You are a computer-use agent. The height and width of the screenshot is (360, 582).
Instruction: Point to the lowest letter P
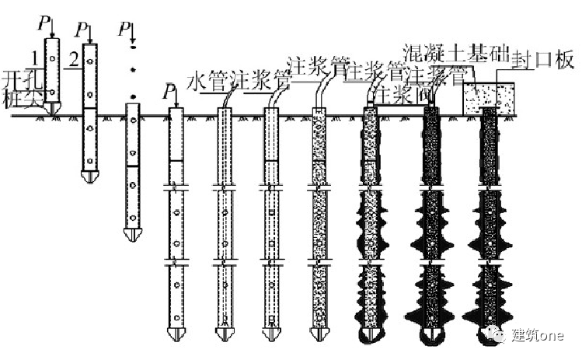coord(166,93)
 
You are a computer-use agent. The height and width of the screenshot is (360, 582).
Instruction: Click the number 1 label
coord(34,58)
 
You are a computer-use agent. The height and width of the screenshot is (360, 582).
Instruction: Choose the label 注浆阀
coord(396,94)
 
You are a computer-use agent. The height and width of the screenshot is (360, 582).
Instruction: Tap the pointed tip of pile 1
coord(51,109)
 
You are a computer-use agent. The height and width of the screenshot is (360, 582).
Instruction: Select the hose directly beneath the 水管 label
coord(225,99)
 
